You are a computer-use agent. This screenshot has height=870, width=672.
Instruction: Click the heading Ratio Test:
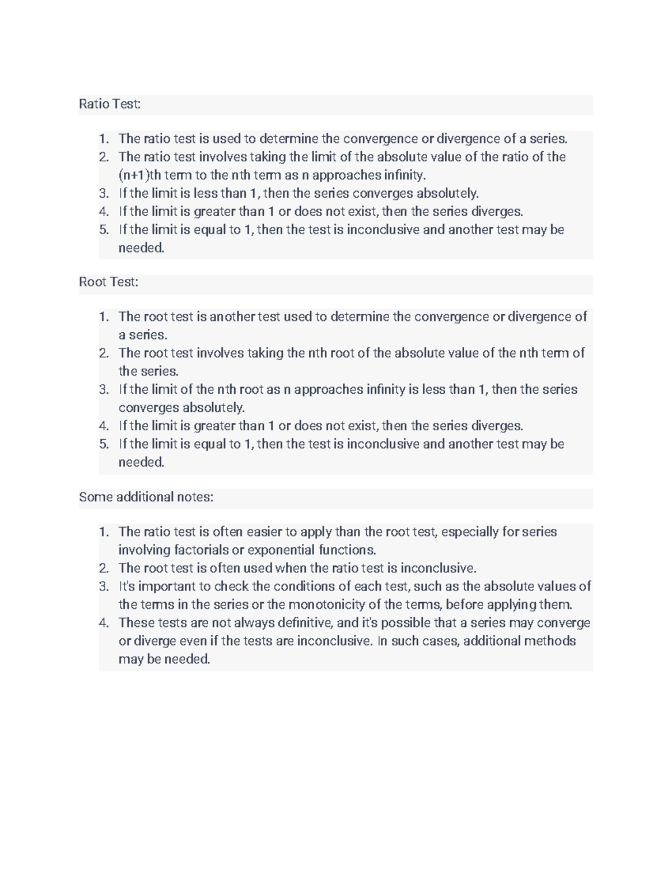point(110,104)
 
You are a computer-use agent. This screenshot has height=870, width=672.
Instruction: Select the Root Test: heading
point(109,282)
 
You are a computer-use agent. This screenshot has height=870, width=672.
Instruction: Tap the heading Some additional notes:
point(146,497)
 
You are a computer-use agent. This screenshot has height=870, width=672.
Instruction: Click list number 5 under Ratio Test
point(104,230)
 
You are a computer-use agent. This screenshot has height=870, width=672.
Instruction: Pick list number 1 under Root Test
point(104,317)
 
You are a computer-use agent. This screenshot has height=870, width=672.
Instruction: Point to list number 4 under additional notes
point(104,623)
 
